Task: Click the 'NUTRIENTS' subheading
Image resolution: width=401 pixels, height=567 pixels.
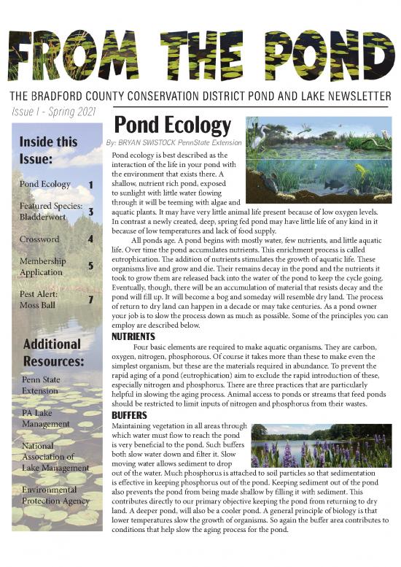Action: point(134,337)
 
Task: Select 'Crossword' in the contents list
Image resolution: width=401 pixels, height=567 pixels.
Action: point(39,239)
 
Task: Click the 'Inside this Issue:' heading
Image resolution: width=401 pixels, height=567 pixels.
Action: point(49,150)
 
